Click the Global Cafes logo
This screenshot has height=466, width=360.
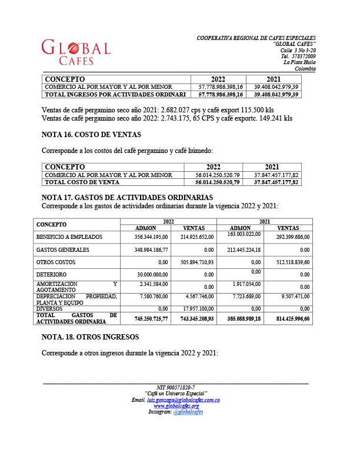click(x=75, y=52)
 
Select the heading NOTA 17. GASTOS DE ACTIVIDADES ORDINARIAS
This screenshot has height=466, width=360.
click(x=127, y=197)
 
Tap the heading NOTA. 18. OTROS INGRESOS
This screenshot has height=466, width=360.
click(x=90, y=337)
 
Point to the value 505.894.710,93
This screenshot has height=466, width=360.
click(x=189, y=262)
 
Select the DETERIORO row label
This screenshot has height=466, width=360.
click(x=51, y=274)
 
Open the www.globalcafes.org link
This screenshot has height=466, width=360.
click(x=176, y=406)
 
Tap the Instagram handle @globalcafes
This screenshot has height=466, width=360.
click(x=188, y=412)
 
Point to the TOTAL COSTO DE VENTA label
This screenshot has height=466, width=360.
click(x=82, y=182)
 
